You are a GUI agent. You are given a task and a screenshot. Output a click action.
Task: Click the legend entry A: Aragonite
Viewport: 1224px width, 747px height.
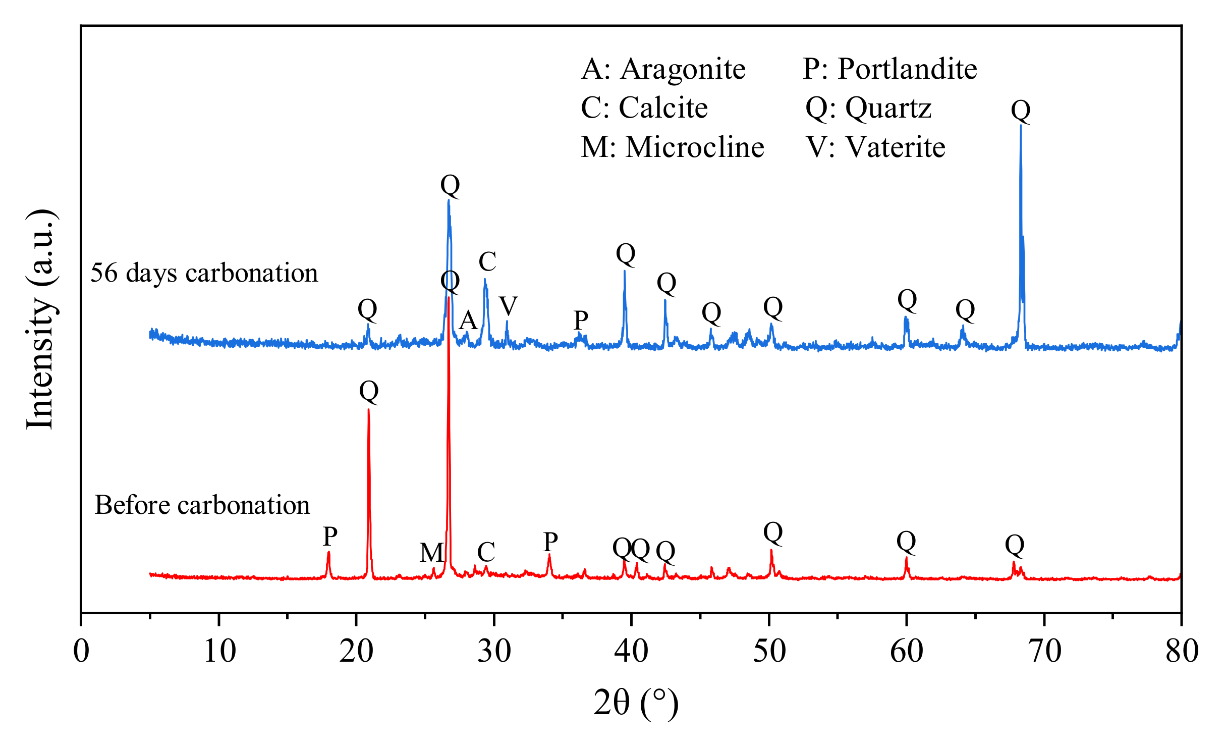tap(663, 69)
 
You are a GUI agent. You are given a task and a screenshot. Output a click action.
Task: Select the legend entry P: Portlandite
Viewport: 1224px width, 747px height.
tap(889, 69)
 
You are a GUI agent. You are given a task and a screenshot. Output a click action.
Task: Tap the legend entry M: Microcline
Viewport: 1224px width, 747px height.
tap(672, 148)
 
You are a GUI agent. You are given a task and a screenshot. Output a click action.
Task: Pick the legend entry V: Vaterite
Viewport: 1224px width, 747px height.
tap(875, 148)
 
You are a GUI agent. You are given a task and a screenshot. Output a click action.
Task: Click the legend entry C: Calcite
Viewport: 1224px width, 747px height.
tap(644, 108)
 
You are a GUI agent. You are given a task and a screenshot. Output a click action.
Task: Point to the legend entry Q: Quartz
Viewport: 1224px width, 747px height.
tap(868, 108)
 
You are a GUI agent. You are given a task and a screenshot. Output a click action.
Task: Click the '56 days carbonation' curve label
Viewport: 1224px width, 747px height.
tap(204, 273)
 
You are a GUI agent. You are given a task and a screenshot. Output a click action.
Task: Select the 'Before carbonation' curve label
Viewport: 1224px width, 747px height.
tap(202, 505)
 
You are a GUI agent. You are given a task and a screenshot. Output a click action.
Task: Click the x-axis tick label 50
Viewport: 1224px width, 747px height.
tap(769, 651)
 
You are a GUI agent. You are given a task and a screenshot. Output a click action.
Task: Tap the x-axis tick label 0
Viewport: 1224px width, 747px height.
tap(81, 651)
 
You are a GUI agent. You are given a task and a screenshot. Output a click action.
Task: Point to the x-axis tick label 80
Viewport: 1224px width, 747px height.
tap(1182, 651)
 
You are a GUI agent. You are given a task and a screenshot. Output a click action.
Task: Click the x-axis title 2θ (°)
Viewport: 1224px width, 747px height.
tap(636, 703)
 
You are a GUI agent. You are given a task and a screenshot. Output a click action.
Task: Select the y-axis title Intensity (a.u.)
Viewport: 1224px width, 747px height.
tap(40, 319)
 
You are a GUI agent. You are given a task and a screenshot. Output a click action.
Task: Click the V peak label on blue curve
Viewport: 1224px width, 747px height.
tap(508, 306)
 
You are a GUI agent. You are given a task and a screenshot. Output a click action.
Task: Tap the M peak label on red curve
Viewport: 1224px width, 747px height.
tap(432, 553)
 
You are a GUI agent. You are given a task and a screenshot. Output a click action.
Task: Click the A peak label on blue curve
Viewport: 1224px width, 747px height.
tap(468, 320)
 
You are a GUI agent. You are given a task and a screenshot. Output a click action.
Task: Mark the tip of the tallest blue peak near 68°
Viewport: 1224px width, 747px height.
tap(1021, 125)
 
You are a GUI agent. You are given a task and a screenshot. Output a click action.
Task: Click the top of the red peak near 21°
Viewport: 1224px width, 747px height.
tap(368, 410)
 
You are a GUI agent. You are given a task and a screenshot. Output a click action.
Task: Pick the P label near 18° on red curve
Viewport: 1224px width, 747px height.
tap(330, 537)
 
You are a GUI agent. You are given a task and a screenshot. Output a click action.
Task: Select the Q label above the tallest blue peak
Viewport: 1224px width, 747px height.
tap(1021, 110)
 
